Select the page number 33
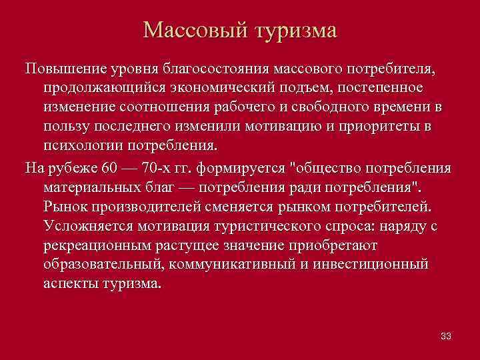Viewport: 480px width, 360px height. coord(446,336)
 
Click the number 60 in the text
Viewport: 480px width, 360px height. coord(112,167)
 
